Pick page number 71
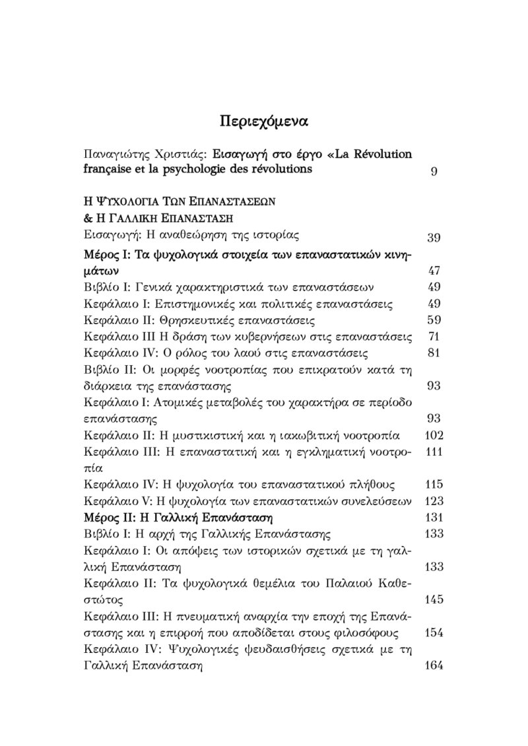pyautogui.click(x=434, y=337)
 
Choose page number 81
pyautogui.click(x=434, y=353)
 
